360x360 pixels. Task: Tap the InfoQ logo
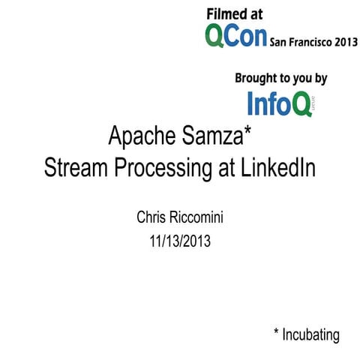coord(280,103)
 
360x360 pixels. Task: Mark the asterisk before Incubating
coord(276,331)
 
